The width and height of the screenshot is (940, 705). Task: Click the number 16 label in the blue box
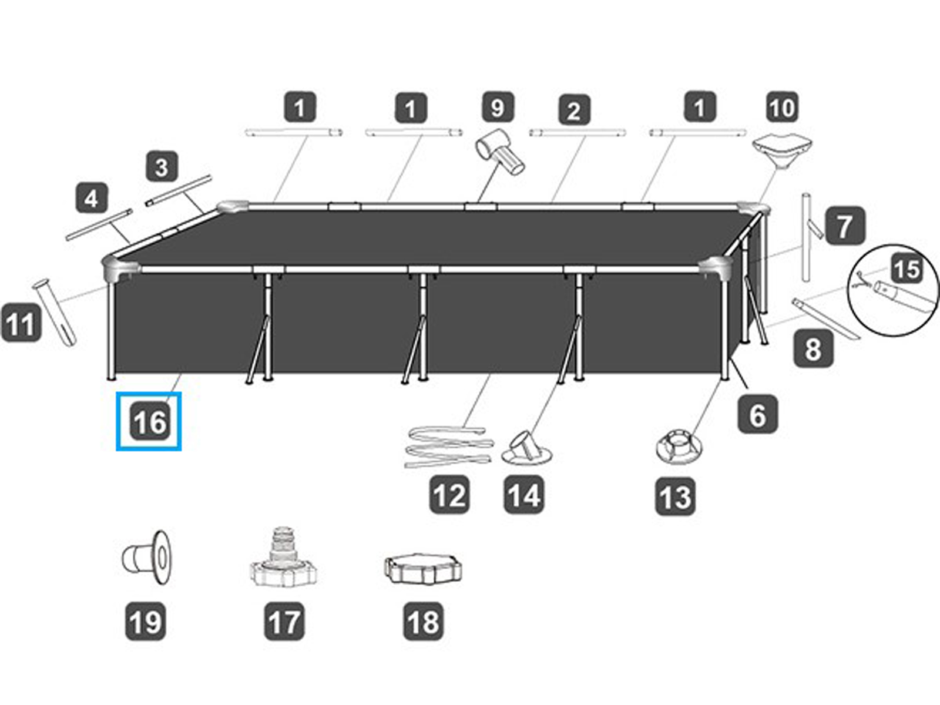coord(150,422)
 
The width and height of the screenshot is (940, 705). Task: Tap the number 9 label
coord(497,108)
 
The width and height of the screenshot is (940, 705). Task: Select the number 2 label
coord(573,110)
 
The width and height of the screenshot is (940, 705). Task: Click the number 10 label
coord(782,108)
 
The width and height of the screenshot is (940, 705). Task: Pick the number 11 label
coord(21,323)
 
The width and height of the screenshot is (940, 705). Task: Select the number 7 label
coord(844,226)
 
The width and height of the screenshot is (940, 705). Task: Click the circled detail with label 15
coord(893,290)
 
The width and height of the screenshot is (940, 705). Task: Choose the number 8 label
coord(813,349)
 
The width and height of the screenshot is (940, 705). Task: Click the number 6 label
coord(757,415)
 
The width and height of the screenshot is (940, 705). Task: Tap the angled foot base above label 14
coord(526,448)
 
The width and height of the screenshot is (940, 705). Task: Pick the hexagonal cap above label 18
coord(422,568)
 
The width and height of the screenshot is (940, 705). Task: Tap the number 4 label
coord(92,199)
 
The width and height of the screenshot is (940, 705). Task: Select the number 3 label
coord(161,167)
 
